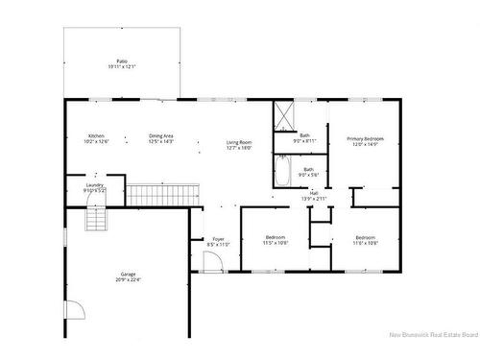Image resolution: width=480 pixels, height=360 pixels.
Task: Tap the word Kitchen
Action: coord(96,136)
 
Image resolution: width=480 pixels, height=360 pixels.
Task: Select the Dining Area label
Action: coord(161,136)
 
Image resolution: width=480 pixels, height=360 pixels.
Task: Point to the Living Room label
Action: coord(239,142)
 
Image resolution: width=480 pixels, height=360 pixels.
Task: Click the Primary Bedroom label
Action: coord(364,138)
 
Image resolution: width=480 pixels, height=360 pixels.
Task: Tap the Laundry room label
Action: coord(94,185)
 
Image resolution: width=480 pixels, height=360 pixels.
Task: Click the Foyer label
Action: coord(219,239)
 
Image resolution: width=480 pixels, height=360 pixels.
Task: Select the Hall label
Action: coord(314,192)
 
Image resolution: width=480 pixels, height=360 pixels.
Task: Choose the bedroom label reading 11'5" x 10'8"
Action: coord(276,243)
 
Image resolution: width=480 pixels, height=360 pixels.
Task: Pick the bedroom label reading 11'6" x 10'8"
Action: coord(365,243)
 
